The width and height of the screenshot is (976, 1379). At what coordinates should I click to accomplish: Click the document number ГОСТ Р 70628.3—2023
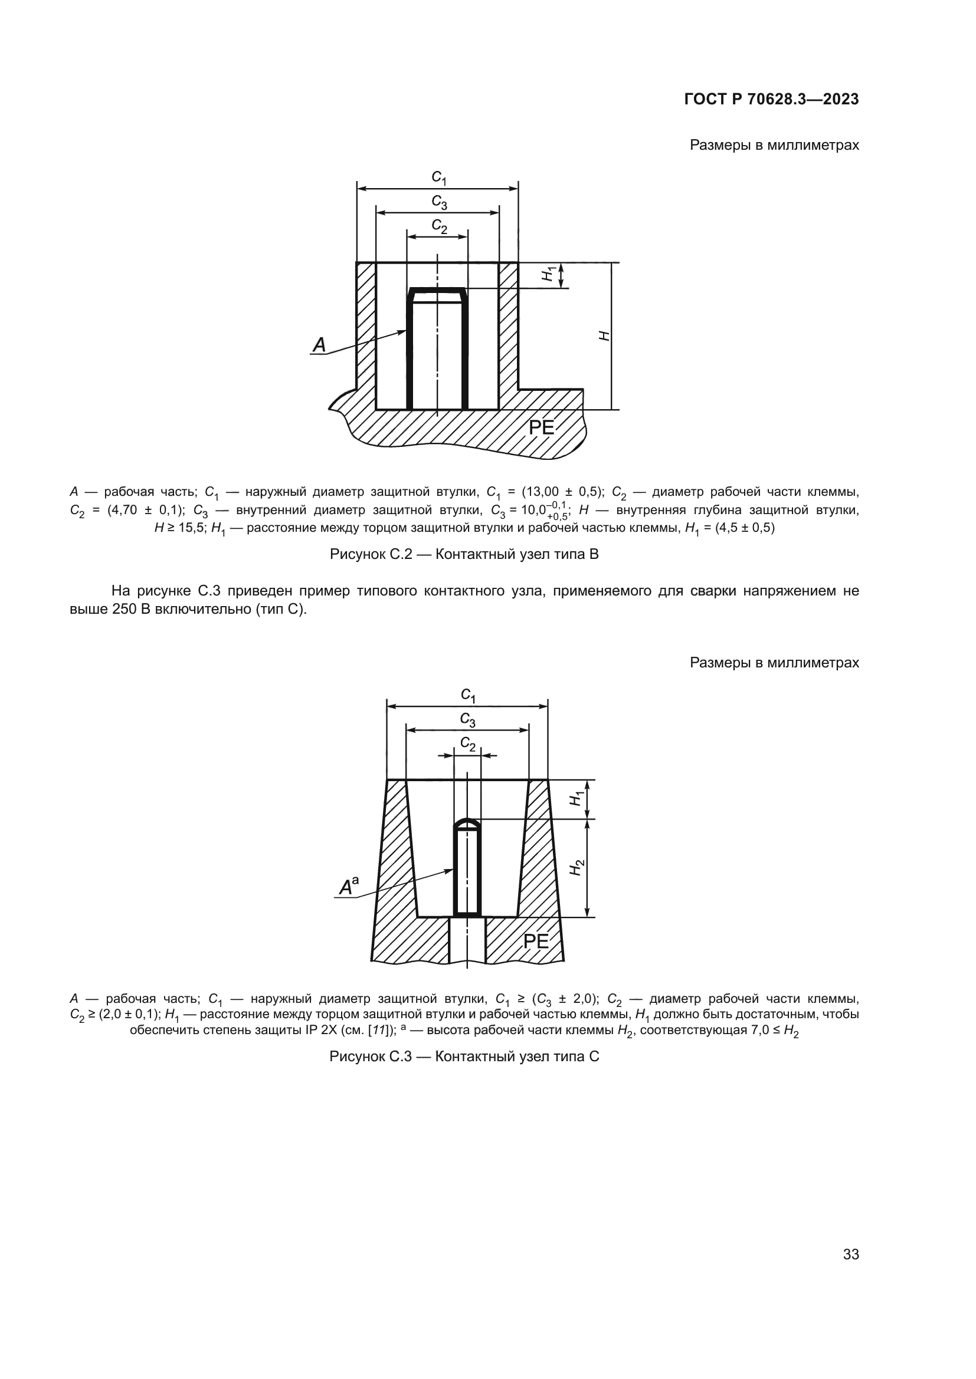click(771, 99)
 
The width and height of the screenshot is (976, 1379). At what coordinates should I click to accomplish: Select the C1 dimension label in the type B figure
click(438, 177)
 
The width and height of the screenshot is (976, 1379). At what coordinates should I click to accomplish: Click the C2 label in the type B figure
click(440, 226)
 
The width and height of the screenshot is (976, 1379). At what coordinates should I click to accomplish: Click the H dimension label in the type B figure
click(604, 335)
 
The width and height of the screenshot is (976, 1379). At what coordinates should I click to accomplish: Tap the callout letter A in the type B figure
click(319, 345)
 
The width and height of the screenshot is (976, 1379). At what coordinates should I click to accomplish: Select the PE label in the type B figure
click(541, 427)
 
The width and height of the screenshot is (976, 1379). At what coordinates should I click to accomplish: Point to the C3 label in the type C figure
click(468, 719)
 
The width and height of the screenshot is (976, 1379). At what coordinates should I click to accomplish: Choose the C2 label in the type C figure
click(468, 744)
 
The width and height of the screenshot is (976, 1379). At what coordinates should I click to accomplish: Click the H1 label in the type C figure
click(577, 799)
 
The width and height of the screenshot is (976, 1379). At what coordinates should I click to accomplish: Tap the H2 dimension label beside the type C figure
click(577, 867)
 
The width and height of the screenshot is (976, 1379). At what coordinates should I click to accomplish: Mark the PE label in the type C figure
click(536, 941)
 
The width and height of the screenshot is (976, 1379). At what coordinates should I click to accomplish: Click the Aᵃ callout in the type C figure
click(349, 887)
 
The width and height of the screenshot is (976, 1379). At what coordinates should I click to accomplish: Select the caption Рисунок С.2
click(464, 554)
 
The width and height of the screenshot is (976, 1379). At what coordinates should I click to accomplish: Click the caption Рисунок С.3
click(464, 1057)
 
